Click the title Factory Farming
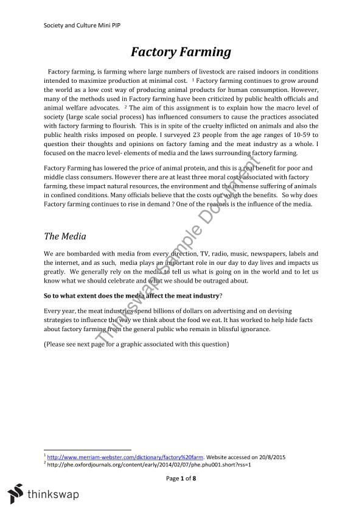point(181,52)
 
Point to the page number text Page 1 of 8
point(181,478)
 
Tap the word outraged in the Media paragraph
point(228,281)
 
